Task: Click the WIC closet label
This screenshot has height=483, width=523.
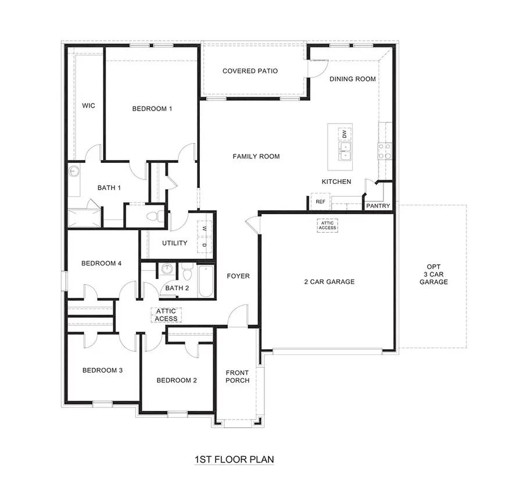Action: [88, 105]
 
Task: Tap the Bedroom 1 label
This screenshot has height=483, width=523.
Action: [152, 109]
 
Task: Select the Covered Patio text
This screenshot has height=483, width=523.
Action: [250, 71]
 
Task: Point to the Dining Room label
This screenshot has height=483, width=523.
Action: [353, 79]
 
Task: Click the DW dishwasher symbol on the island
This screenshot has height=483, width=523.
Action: [344, 134]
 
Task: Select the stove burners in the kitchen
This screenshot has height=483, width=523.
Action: [385, 151]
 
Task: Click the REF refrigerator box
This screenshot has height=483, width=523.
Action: [320, 201]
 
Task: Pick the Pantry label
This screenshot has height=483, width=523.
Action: [378, 205]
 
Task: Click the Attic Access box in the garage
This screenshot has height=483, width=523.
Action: [327, 225]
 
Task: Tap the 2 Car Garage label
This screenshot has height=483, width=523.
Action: [329, 282]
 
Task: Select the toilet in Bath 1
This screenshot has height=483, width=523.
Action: [153, 217]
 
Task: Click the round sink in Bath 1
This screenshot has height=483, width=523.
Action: [74, 171]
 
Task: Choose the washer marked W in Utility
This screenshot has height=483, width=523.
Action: [205, 229]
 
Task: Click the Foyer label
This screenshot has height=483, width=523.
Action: [238, 276]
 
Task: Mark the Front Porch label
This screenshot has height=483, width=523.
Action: [238, 377]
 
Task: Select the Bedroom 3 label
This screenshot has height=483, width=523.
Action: [102, 370]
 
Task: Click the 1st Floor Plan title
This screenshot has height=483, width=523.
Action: [234, 459]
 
